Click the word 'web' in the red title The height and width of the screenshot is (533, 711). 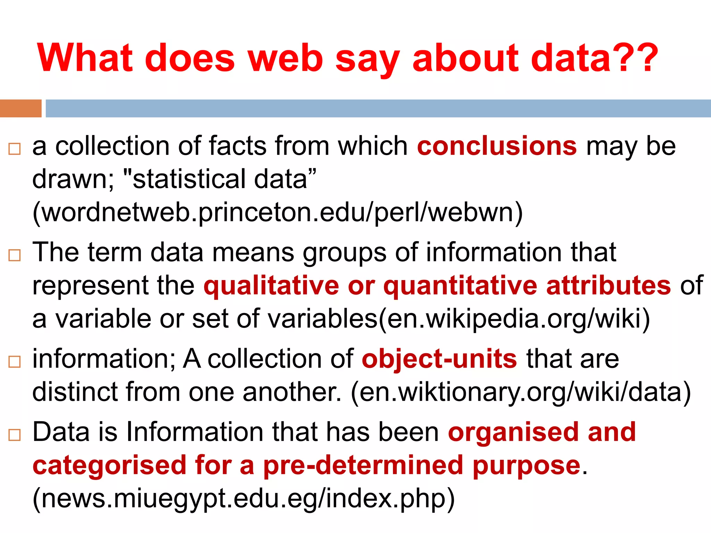[x=285, y=58]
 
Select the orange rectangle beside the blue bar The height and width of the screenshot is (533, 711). [x=20, y=108]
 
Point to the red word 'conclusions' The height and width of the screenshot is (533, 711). [x=497, y=146]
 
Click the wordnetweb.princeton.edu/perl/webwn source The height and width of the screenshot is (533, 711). [x=277, y=212]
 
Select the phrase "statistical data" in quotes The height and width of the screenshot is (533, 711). [x=220, y=179]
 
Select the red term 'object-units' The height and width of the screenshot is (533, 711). [x=439, y=359]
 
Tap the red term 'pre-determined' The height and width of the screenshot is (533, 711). [x=363, y=465]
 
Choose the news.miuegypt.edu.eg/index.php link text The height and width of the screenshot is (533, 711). [x=243, y=498]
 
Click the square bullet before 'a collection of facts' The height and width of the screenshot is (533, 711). [x=15, y=149]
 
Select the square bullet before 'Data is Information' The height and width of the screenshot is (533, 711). [x=15, y=435]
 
